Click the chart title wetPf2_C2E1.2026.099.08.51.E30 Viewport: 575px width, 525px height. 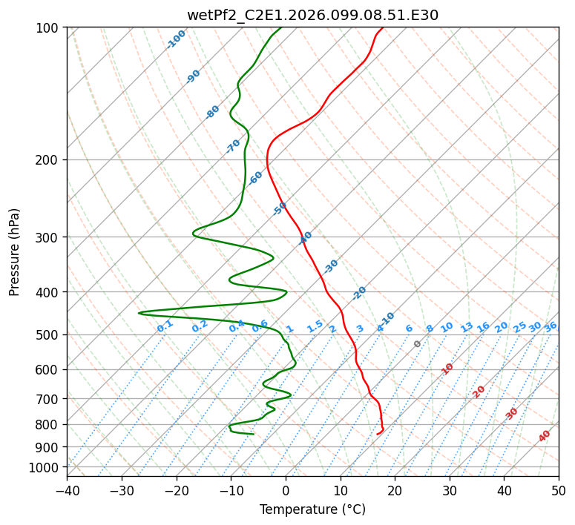click(x=312, y=15)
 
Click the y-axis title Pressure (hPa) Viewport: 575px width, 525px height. click(x=15, y=252)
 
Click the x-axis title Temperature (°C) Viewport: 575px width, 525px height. click(x=312, y=509)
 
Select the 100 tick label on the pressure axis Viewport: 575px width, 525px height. click(x=49, y=28)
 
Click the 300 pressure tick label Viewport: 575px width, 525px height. click(x=49, y=237)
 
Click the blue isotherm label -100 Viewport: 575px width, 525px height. click(x=177, y=39)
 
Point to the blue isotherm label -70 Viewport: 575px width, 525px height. click(x=233, y=145)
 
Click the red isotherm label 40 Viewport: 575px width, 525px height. click(x=545, y=437)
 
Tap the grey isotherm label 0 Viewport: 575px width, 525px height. click(x=418, y=344)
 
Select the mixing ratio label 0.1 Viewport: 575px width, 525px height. click(x=165, y=326)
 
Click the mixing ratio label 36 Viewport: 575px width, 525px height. click(x=551, y=326)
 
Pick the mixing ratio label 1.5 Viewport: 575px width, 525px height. click(x=315, y=326)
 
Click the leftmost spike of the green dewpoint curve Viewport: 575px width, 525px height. click(x=139, y=313)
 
